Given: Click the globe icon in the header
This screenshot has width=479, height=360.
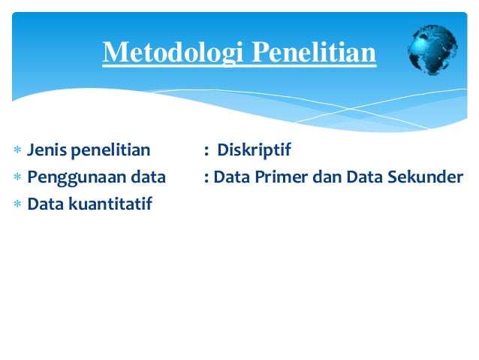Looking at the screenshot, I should click(x=432, y=50).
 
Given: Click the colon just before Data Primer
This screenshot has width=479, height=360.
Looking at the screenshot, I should click(x=206, y=177).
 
